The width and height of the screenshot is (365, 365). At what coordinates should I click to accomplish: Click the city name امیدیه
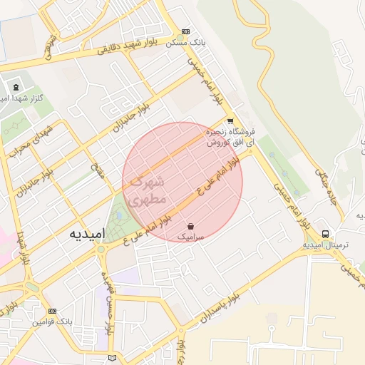tap(88, 234)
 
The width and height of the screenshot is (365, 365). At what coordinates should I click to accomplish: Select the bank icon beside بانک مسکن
tap(186, 31)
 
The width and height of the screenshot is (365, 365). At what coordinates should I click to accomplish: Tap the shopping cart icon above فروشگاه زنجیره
tap(230, 120)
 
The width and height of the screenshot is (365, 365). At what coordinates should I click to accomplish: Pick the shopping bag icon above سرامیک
tap(190, 225)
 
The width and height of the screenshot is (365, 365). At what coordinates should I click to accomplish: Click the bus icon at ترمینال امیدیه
tap(326, 234)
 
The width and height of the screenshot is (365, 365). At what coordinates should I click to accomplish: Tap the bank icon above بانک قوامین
tap(52, 311)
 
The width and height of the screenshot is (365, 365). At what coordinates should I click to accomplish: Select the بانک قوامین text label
tap(52, 322)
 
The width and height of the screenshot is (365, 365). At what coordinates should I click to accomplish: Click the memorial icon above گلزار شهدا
tap(16, 87)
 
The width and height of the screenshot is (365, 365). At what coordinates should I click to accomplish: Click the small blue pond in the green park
tap(118, 213)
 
